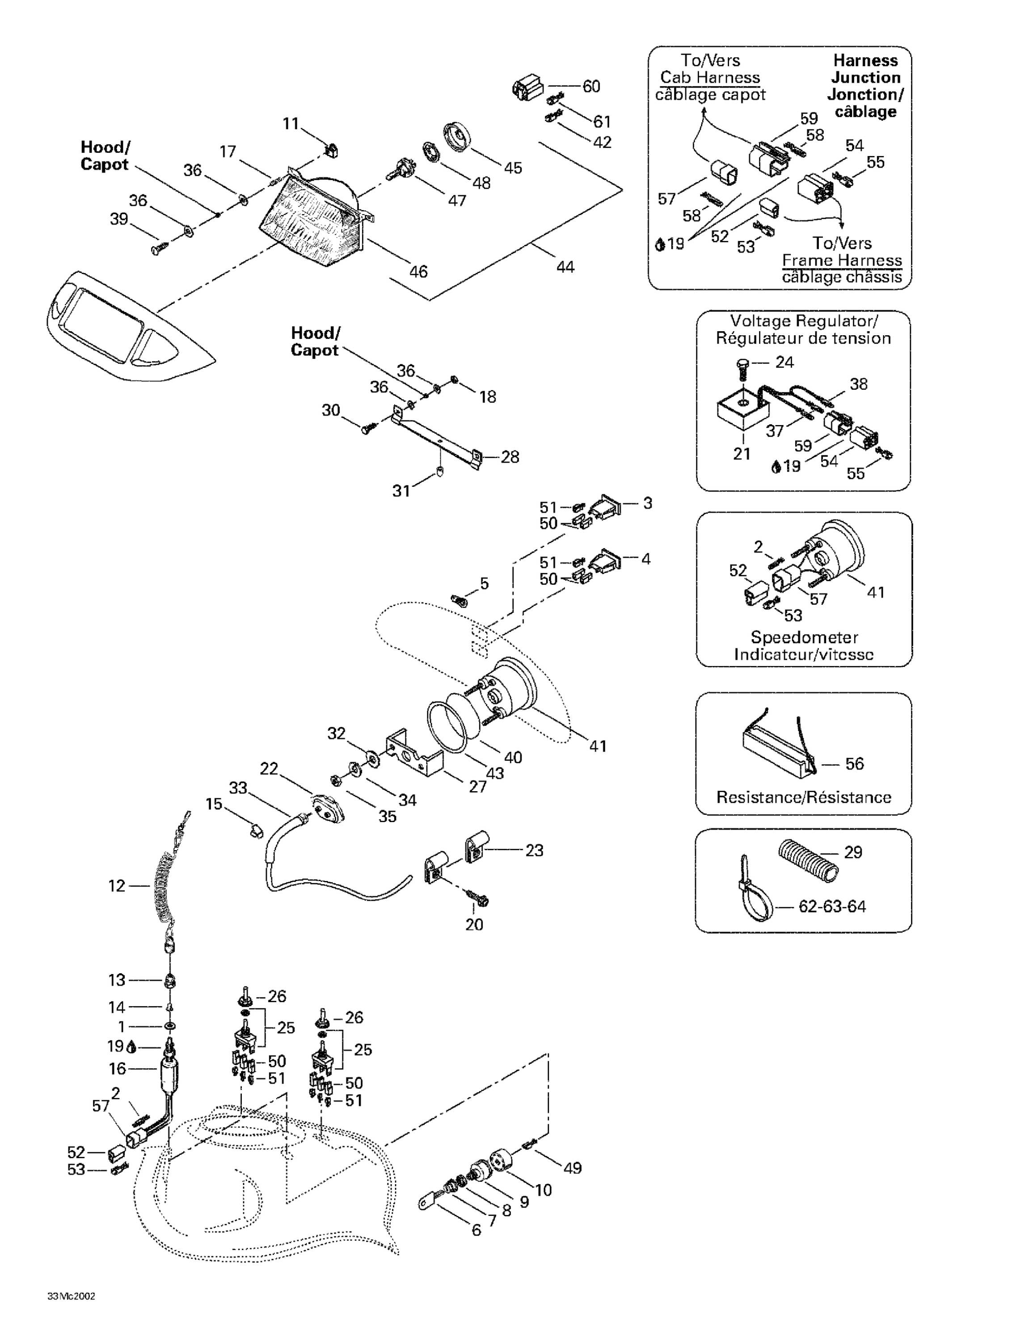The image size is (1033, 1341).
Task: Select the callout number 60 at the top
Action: [591, 87]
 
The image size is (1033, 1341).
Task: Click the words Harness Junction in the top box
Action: [865, 69]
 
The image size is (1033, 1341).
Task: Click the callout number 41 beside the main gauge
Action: [598, 746]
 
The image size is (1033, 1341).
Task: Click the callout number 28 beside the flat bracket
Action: [510, 457]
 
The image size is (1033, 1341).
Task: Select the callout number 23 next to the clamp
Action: [534, 850]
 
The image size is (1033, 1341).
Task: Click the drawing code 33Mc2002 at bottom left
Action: [71, 1296]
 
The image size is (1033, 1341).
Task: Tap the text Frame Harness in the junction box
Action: [841, 260]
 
